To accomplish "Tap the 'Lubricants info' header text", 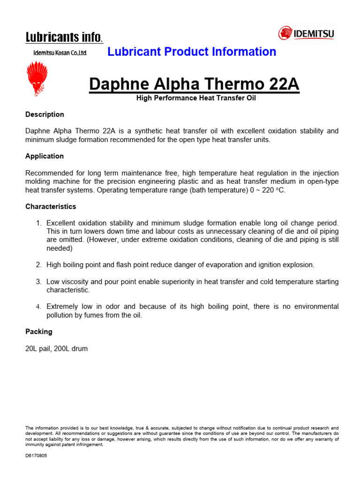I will [x=64, y=37].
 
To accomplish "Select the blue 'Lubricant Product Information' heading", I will [x=192, y=52].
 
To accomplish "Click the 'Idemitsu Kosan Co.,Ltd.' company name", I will [x=60, y=53].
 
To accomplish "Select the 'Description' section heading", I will [x=45, y=114].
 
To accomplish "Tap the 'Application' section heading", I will [x=45, y=156].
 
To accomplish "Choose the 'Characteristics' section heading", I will [x=51, y=206].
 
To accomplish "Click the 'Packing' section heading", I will [x=39, y=331].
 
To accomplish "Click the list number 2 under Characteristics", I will [x=39, y=265].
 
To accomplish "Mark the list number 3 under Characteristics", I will [x=39, y=282].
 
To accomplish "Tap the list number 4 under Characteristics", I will [x=39, y=307].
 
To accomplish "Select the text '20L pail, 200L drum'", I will [x=57, y=348].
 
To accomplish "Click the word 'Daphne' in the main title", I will [x=120, y=84].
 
